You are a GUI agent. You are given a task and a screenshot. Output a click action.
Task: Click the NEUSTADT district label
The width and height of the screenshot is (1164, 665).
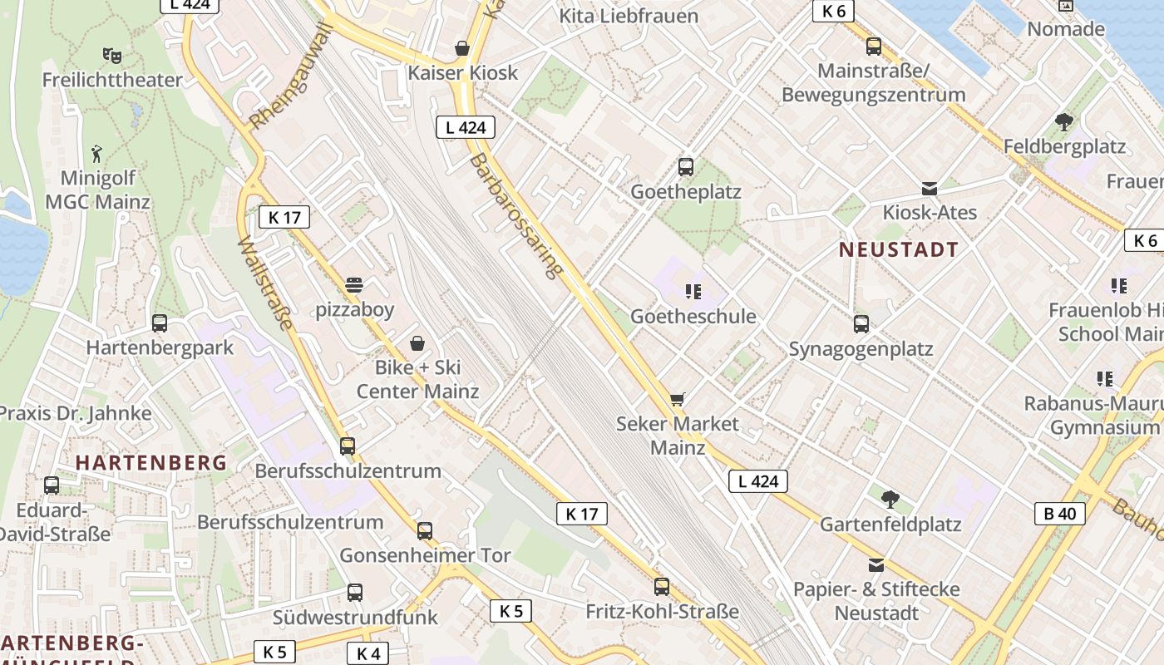pos(898,249)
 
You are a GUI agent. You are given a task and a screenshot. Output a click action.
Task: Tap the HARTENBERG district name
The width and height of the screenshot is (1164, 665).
pos(151,463)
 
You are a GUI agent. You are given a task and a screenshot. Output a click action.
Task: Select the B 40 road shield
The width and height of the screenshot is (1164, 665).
pos(1060,514)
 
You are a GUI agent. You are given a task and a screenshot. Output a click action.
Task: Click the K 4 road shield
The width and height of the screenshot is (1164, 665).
pos(368,653)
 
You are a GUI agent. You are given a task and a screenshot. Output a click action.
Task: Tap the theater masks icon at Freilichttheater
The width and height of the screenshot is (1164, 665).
pos(112,56)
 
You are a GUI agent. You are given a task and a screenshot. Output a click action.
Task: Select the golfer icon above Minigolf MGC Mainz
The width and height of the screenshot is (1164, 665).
pos(97,154)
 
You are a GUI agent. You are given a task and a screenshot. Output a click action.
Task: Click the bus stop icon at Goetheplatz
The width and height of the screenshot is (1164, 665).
pos(686,167)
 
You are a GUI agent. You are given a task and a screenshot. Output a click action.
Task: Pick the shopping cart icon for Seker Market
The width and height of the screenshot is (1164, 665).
pos(678,400)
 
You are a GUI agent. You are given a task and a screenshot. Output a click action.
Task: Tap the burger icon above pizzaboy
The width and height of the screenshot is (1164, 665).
pos(354,285)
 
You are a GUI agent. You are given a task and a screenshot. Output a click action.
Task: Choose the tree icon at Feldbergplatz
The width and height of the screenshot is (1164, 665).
pos(1063,122)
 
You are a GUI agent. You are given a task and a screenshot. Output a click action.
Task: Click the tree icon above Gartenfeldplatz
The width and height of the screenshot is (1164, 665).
pos(890,500)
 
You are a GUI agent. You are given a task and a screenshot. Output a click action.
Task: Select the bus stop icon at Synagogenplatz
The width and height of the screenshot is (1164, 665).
pos(861,324)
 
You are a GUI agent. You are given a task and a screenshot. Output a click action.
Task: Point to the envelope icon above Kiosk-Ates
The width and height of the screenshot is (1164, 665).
pos(930,189)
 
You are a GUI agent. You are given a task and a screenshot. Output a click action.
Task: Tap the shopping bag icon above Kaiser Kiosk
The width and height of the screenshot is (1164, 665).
pos(462,49)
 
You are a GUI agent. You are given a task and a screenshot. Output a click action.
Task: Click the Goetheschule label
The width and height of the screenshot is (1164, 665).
pos(693,317)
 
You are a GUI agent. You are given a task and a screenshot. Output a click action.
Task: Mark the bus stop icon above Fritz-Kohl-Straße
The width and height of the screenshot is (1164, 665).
pos(662,587)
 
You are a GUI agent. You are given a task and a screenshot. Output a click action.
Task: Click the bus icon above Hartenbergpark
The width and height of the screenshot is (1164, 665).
pos(160,323)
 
